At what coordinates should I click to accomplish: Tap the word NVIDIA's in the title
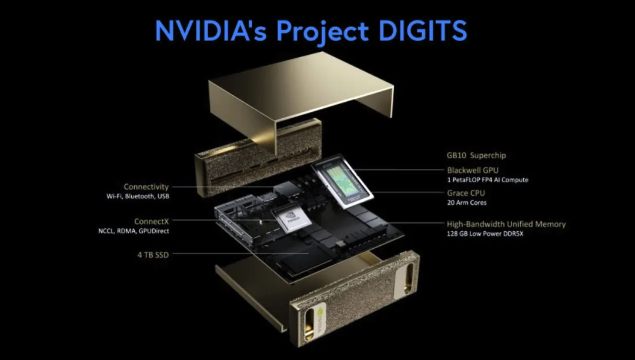tap(211, 30)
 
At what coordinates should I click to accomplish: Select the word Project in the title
tap(322, 32)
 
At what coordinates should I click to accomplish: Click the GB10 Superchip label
tap(476, 155)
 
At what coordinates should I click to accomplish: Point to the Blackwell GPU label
tap(473, 171)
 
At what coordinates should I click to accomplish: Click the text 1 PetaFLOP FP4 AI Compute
tap(487, 180)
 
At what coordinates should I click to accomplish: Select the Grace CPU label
tap(466, 193)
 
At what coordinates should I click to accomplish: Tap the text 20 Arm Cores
tap(467, 202)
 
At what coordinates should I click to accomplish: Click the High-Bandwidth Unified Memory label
tap(506, 224)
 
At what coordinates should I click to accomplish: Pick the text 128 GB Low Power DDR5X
tap(484, 234)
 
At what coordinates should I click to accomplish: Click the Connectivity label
tap(146, 187)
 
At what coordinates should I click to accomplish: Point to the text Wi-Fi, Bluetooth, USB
tap(138, 196)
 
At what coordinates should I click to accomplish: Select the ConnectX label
tap(152, 222)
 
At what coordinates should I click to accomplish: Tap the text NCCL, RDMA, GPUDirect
tap(133, 231)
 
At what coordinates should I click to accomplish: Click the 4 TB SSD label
tap(153, 255)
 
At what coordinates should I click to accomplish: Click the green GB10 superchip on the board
tap(343, 182)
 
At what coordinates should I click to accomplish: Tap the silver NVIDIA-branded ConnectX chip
tap(292, 219)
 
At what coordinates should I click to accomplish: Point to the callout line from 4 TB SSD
tap(240, 254)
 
